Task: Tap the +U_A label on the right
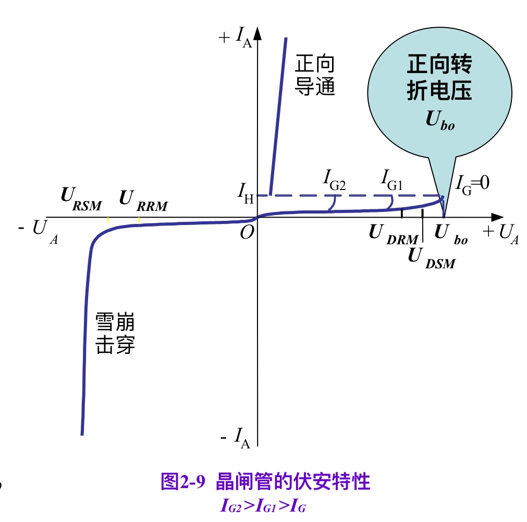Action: pyautogui.click(x=500, y=233)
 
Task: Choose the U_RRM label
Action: pyautogui.click(x=143, y=200)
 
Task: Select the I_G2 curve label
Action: pyautogui.click(x=334, y=182)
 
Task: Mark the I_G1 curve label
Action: pyautogui.click(x=391, y=182)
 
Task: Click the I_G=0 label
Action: pyautogui.click(x=472, y=184)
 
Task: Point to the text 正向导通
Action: pyautogui.click(x=315, y=75)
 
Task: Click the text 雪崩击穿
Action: pyautogui.click(x=115, y=334)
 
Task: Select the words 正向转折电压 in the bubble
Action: pyautogui.click(x=439, y=78)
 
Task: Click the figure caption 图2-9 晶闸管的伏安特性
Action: pyautogui.click(x=266, y=481)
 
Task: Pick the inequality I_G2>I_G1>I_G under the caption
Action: pyautogui.click(x=263, y=505)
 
